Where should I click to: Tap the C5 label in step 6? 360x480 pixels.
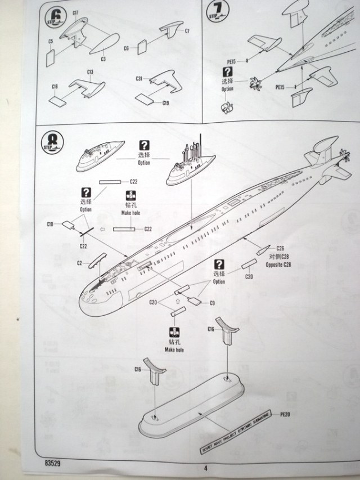tap(51, 41)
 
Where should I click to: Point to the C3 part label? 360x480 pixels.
tap(103, 58)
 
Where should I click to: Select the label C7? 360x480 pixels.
tap(187, 30)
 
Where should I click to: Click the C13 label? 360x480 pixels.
tap(91, 71)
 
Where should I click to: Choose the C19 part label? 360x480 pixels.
tap(165, 103)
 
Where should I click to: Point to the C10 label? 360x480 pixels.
tap(50, 225)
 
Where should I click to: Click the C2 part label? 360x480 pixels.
tap(80, 263)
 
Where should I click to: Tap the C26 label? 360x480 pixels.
tap(280, 248)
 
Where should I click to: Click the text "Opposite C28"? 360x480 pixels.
tap(279, 264)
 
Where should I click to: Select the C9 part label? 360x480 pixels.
tap(212, 303)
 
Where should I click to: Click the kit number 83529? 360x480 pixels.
tap(49, 464)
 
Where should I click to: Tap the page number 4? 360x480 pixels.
tap(205, 467)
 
